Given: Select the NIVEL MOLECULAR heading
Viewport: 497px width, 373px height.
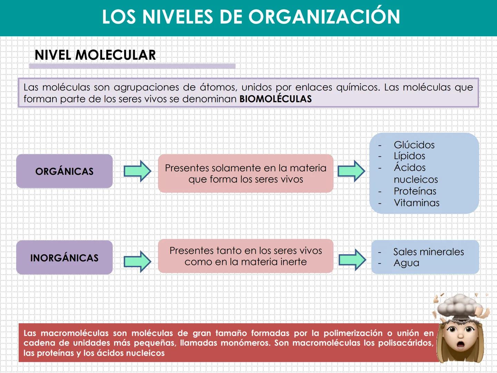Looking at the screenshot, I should click(95, 55).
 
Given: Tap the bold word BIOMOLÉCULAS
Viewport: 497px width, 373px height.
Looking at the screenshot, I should click(275, 99).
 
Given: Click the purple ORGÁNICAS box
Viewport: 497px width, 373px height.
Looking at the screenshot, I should click(65, 171).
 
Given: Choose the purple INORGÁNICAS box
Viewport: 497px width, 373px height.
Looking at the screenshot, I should click(65, 258).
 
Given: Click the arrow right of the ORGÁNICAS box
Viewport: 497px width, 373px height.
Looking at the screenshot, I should click(137, 171).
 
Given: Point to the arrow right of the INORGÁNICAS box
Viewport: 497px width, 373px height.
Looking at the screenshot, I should click(137, 261).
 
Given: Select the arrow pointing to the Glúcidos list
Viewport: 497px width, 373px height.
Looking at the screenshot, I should click(351, 171).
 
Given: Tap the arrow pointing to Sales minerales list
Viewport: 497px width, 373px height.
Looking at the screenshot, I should click(352, 260).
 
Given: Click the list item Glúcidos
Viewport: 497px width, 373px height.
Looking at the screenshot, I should click(414, 145).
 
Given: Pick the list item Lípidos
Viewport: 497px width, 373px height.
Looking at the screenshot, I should click(409, 156).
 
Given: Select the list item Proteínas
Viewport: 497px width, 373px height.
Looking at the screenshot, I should click(415, 191).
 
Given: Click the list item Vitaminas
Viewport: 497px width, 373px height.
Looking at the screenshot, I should click(417, 203).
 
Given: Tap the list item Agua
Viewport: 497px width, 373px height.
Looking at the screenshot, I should click(406, 263).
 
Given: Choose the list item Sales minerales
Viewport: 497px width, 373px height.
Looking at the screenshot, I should click(428, 252).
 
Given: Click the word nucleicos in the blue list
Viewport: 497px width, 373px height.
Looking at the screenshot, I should click(416, 180).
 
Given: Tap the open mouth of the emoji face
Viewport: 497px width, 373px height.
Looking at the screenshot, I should click(460, 345).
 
